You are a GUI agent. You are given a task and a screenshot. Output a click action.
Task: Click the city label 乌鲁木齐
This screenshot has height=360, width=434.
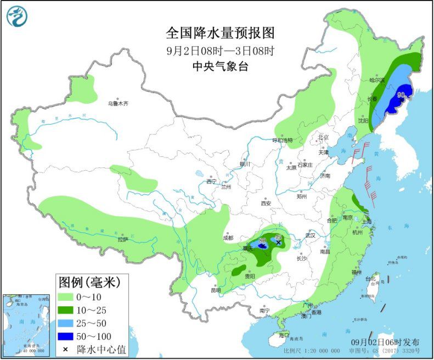pyautogui.click(x=117, y=103)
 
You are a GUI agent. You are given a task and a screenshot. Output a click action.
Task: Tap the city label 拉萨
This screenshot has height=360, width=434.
pyautogui.click(x=122, y=239)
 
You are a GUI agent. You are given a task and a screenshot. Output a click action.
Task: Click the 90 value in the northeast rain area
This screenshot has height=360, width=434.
pyautogui.click(x=401, y=94)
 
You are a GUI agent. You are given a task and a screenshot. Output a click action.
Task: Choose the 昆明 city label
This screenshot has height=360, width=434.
pyautogui.click(x=216, y=290)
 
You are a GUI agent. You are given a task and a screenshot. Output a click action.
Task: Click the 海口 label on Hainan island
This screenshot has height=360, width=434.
pyautogui.click(x=283, y=335)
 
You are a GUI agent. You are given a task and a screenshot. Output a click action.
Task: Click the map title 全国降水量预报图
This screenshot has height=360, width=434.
pyautogui.click(x=220, y=33)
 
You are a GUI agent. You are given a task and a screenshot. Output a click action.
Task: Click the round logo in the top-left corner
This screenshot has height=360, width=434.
pyautogui.click(x=17, y=16)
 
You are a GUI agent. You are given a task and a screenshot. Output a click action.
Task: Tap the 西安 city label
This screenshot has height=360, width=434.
pyautogui.click(x=266, y=203)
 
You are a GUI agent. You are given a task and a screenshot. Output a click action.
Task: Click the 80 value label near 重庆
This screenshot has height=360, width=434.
pyautogui.click(x=262, y=240)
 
